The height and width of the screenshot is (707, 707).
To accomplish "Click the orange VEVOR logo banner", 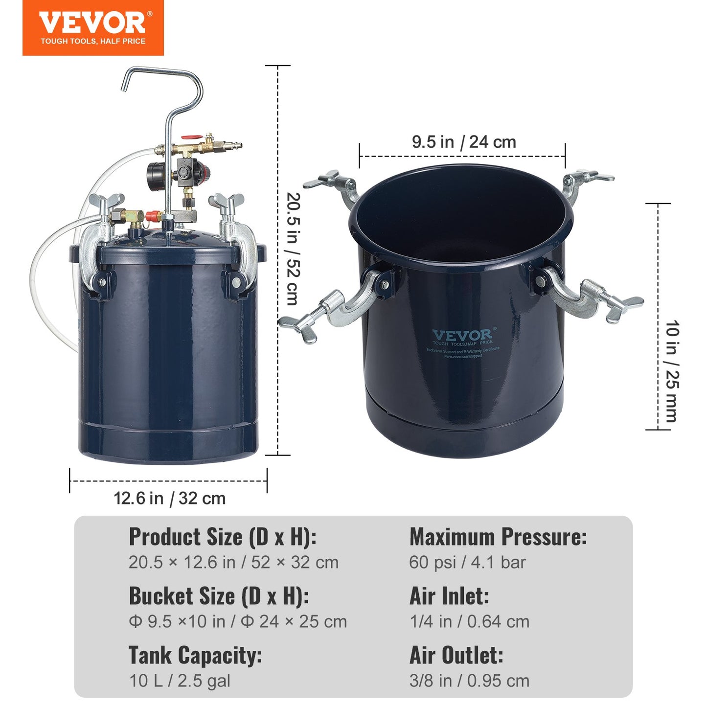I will click(93, 27).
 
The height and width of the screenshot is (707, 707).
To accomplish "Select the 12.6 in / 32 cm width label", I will click(169, 499).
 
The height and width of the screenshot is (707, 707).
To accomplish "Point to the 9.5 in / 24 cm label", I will click(464, 142).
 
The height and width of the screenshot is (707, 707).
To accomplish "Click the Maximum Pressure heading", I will click(498, 537).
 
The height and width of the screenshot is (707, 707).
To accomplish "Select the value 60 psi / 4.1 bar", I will click(467, 563).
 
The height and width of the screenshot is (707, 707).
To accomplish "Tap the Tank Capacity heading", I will click(195, 656).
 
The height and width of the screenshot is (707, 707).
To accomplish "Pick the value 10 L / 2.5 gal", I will click(180, 681).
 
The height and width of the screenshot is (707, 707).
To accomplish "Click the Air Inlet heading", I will click(449, 596).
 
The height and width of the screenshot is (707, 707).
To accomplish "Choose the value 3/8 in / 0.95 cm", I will click(469, 681).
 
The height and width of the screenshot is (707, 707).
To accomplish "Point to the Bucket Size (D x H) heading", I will click(219, 596).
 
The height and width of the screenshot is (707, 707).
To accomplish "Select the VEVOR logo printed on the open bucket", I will click(462, 336).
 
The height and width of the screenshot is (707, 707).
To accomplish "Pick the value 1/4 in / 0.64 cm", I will click(469, 621).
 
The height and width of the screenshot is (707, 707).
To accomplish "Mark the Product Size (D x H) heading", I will click(223, 537).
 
